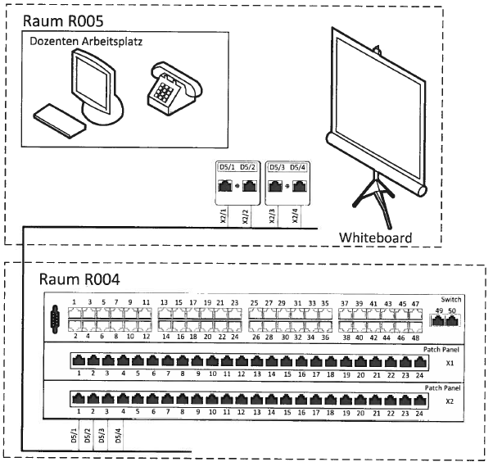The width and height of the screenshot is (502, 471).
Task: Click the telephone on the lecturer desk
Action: coord(174,88)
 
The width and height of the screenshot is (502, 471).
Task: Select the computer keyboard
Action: coord(60,120)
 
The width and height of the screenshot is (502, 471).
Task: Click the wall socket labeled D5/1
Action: coord(225,186)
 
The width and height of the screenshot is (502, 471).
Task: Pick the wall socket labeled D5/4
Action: coord(300,186)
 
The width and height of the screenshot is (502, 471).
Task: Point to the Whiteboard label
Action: coord(376,238)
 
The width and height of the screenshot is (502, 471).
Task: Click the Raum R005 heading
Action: coord(63,21)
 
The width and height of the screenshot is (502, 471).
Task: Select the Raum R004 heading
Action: coord(79,279)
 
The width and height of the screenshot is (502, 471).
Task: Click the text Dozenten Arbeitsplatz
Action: coord(86,41)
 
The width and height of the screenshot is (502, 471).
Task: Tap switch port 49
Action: coord(437,320)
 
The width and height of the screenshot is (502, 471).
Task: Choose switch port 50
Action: coord(452,320)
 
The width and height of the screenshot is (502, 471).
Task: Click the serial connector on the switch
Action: coord(55,319)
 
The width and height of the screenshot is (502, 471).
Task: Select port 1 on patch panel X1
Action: coord(79,361)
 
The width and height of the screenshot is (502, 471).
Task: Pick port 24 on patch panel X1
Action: coord(420,362)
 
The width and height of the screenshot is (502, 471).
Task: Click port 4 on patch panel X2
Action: coord(123,399)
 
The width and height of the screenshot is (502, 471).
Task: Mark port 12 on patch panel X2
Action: coord(241,399)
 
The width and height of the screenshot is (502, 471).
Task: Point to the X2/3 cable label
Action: coord(272,216)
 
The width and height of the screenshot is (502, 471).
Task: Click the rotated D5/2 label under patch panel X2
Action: coord(88,436)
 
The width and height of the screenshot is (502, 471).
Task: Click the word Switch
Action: coord(450,299)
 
